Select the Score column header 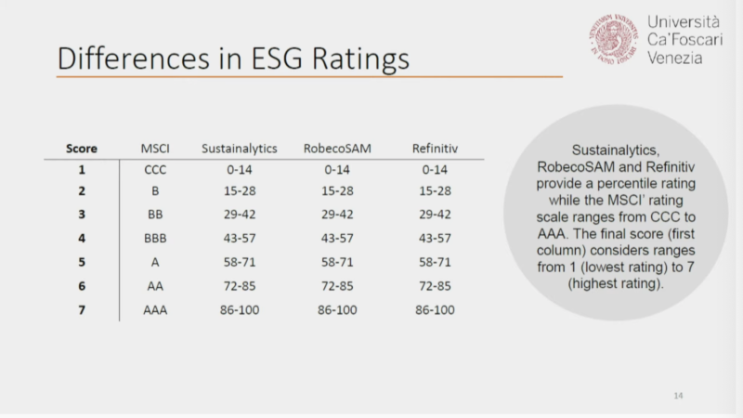click(82, 148)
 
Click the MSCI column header click(154, 148)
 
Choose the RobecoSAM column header click(337, 148)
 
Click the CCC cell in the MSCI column click(154, 169)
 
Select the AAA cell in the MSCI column click(154, 309)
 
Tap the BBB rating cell click(154, 239)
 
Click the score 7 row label click(82, 309)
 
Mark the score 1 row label click(82, 169)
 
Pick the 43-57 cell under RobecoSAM click(337, 239)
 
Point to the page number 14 click(678, 397)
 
